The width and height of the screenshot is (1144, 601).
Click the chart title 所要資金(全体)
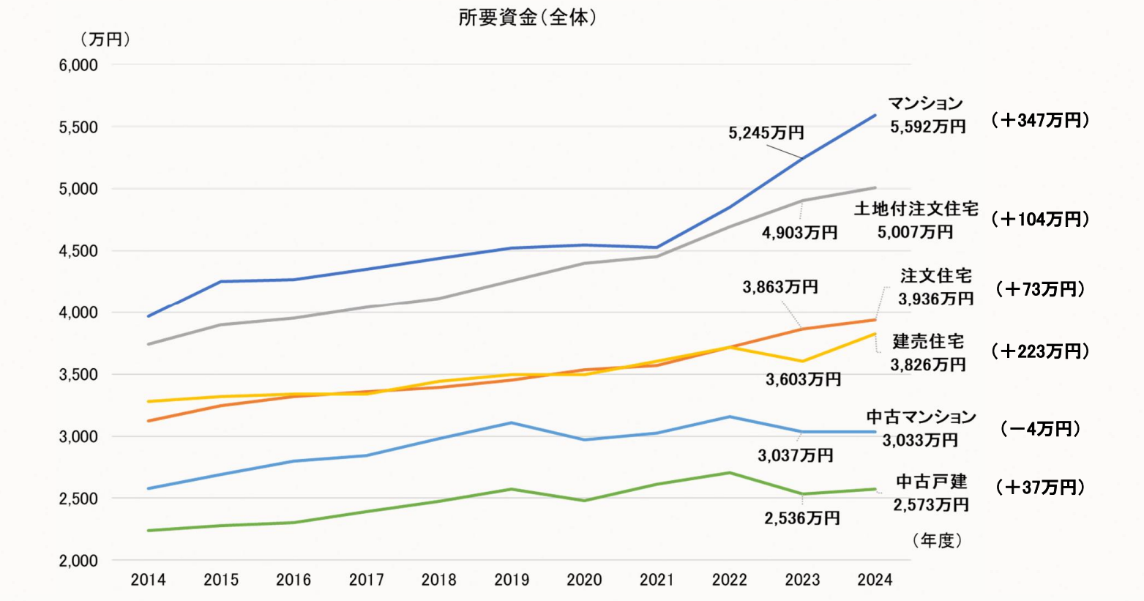527,18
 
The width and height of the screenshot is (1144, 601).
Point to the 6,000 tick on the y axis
78,65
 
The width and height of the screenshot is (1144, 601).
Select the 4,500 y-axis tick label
78,251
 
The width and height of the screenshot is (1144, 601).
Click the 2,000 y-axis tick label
78,561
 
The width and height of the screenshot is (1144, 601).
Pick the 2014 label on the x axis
148,581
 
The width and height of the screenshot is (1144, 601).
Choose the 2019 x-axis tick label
512,581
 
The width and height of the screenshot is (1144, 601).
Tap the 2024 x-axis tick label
875,581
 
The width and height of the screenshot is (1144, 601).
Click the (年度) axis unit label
937,541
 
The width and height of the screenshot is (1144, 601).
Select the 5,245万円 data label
766,132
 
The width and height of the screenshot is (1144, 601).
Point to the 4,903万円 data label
799,233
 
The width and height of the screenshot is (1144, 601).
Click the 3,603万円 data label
803,379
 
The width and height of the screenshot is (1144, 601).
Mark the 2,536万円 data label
801,518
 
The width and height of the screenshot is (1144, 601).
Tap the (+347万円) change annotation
1039,121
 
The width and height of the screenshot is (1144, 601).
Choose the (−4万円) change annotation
1039,429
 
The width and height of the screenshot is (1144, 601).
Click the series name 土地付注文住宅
916,209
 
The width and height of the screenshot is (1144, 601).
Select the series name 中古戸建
931,482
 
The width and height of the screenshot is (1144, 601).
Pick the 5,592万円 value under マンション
927,127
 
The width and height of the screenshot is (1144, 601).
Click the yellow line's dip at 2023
803,361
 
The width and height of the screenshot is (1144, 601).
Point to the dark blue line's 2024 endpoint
875,115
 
